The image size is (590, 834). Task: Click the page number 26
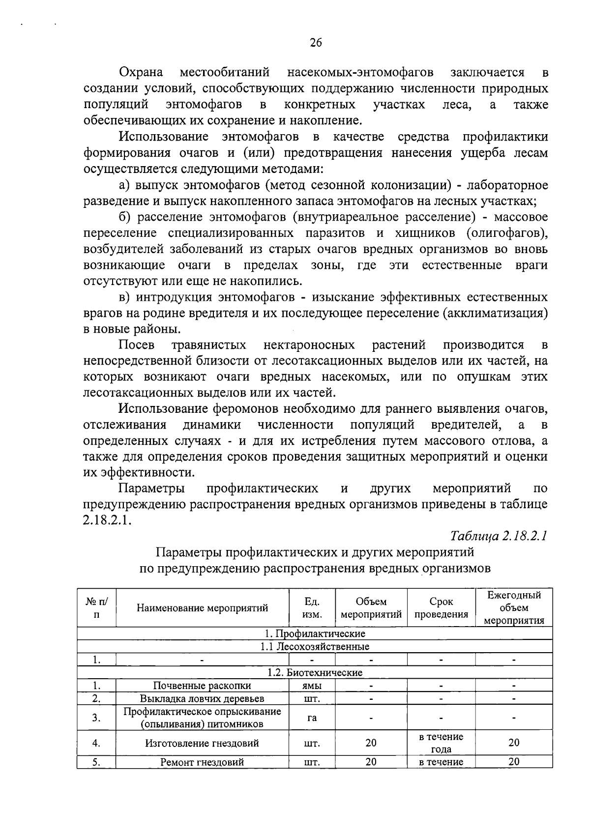(x=316, y=43)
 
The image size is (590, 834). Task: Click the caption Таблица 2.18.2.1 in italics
(x=499, y=536)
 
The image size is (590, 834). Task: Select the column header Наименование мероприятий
(x=202, y=608)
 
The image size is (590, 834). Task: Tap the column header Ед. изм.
(x=312, y=608)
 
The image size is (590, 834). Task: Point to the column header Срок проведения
(x=441, y=608)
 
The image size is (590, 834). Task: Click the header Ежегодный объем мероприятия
(x=514, y=607)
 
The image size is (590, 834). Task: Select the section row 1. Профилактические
(x=315, y=633)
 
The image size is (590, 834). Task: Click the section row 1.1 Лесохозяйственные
(x=315, y=646)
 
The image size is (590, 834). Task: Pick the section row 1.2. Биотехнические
(x=315, y=672)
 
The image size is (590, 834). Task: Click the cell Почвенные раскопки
(x=202, y=686)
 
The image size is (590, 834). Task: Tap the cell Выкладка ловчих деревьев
(x=202, y=698)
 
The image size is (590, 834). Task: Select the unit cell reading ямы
(x=312, y=686)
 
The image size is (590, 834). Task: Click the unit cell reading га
(x=312, y=718)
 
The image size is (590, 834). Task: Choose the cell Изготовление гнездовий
(x=202, y=743)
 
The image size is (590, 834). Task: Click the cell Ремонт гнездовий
(x=202, y=762)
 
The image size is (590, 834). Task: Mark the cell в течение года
(x=441, y=743)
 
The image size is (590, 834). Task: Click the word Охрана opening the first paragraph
(x=142, y=73)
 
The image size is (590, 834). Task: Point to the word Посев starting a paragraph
(x=137, y=345)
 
